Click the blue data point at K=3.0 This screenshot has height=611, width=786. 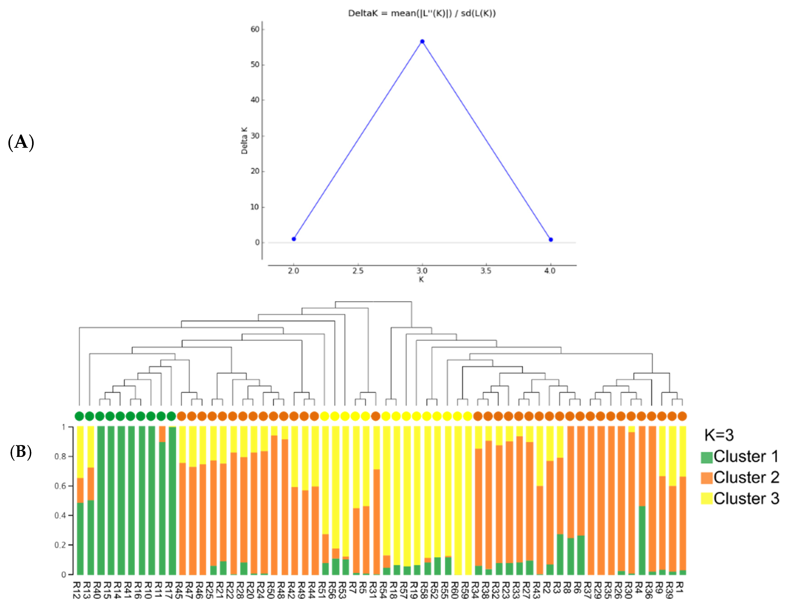coord(422,41)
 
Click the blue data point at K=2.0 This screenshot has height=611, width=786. coord(294,239)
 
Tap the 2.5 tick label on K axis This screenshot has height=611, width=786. coord(358,271)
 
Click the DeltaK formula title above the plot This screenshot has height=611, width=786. coord(422,13)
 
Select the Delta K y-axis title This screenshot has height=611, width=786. coord(244,140)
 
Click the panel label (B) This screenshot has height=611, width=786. coord(21,452)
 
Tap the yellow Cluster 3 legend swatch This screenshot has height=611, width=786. coord(706,498)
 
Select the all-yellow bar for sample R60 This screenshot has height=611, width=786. coord(458,500)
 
